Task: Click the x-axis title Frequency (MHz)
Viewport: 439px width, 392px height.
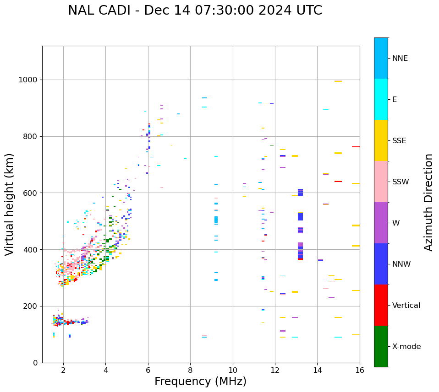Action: coord(200,381)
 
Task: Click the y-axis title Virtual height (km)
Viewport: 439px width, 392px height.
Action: coord(10,204)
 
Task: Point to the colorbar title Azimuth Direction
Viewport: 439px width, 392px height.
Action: coord(428,202)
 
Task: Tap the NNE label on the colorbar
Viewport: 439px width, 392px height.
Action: coord(400,59)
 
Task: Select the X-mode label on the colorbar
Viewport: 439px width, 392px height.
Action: coord(406,347)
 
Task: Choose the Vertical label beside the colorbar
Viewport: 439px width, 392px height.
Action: coord(406,306)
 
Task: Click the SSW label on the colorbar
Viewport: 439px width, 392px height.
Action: coord(401,182)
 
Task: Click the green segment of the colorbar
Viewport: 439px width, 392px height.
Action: coord(381,346)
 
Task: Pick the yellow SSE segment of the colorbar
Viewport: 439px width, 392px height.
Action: coord(381,140)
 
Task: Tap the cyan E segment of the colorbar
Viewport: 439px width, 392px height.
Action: coord(381,99)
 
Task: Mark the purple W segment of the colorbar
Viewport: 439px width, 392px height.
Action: coord(381,223)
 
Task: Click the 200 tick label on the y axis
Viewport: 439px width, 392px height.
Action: coord(30,306)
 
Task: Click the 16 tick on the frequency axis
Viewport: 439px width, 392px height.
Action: coord(360,370)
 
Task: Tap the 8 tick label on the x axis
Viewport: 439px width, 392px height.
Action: coord(190,370)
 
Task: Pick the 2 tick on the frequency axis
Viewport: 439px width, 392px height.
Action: coord(63,370)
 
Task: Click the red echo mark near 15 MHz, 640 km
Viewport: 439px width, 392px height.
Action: coord(338,182)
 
